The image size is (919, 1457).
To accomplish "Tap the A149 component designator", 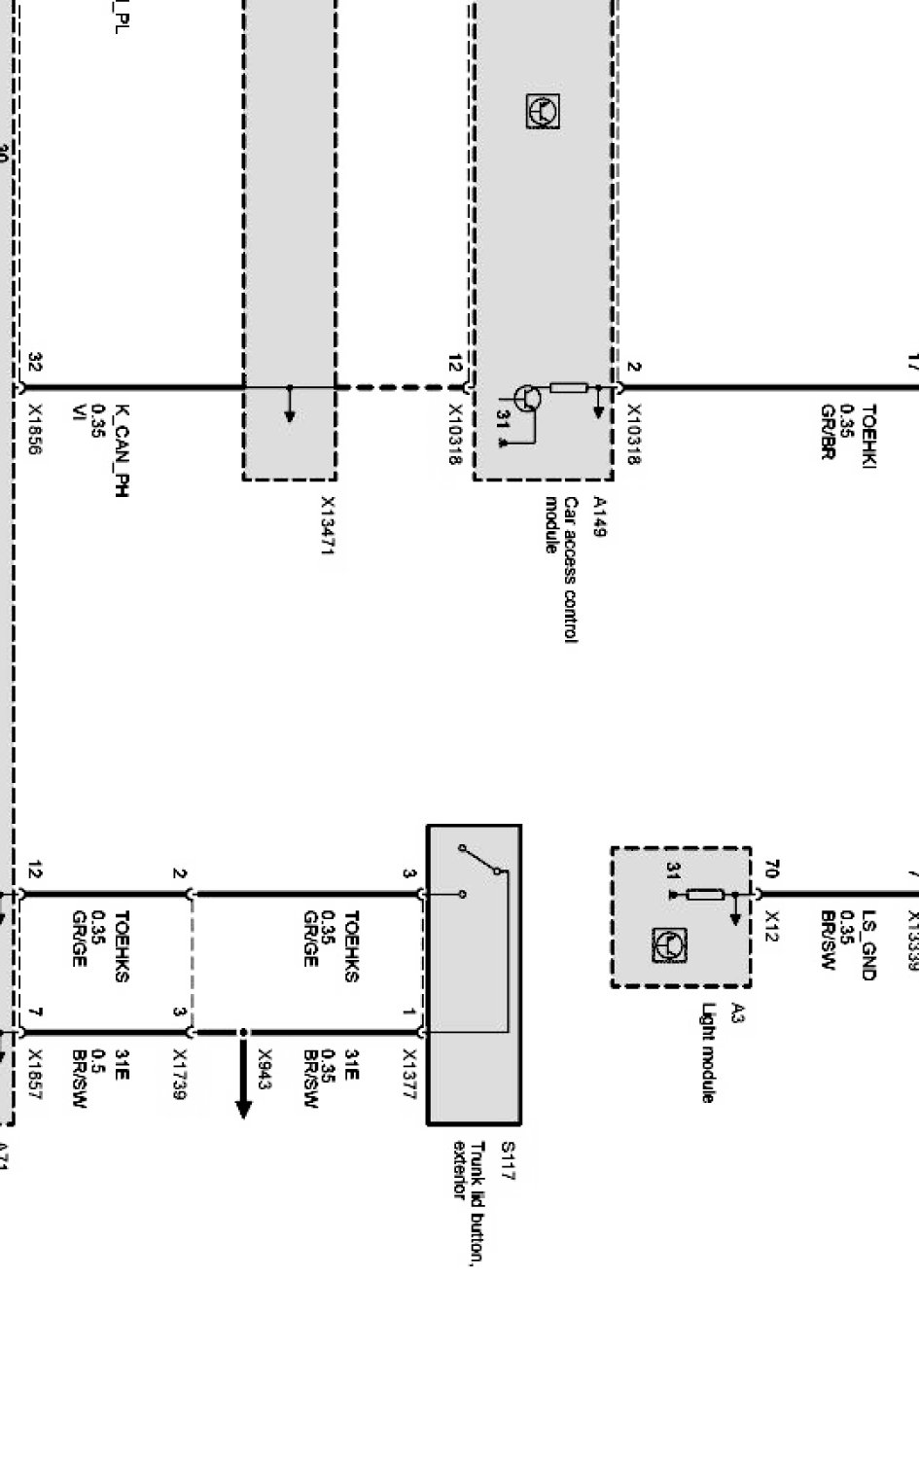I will pyautogui.click(x=598, y=516).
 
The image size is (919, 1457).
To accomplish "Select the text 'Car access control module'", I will pyautogui.click(x=562, y=568).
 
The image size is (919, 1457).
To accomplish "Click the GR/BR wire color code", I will pyautogui.click(x=828, y=431).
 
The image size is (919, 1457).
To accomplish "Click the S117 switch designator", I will pyautogui.click(x=507, y=1161).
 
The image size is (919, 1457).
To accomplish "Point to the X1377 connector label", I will pyautogui.click(x=409, y=1074).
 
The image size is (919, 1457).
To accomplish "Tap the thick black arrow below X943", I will pyautogui.click(x=243, y=1081).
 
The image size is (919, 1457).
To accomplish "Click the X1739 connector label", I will pyautogui.click(x=179, y=1074).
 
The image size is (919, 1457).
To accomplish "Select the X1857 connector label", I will pyautogui.click(x=35, y=1074).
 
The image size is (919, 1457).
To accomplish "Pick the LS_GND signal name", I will pyautogui.click(x=868, y=944).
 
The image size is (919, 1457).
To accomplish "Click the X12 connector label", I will pyautogui.click(x=773, y=919).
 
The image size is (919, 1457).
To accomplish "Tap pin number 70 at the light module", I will pyautogui.click(x=773, y=869).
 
